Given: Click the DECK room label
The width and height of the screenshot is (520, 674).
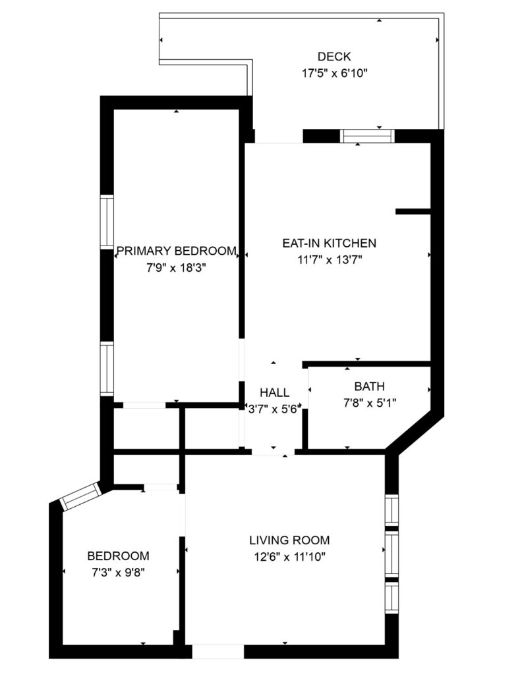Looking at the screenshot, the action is coord(334,57).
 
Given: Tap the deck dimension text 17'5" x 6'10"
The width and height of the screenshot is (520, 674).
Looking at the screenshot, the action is coord(334,73).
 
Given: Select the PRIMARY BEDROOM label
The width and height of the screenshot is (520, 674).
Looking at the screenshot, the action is coord(177,251).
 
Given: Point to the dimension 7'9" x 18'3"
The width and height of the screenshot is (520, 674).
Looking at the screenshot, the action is coord(176,268).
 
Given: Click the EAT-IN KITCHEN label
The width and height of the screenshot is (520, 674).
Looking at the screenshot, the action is coord(330,243).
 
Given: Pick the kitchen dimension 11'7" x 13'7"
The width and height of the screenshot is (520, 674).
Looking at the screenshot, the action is coord(330,259).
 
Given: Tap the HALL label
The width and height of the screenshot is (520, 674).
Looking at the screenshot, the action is coord(275,392).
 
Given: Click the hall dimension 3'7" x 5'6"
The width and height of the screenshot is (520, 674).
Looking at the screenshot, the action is coord(274,409).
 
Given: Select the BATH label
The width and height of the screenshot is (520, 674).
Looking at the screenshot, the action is coord(369,386).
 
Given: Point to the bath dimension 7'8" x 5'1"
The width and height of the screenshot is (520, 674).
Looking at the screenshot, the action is coord(369,403).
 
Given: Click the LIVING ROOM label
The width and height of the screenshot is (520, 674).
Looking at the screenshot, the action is coord(289,540).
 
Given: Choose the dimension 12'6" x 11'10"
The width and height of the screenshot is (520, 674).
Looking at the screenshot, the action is coord(289,557).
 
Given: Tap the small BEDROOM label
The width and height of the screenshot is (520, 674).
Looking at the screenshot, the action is coord(119,556).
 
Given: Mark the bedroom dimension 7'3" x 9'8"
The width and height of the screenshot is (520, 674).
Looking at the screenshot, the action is coord(119,573).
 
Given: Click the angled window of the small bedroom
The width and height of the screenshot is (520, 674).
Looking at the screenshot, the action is coord(81,496).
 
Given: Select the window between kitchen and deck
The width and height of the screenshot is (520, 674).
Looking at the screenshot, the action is coord(367,136).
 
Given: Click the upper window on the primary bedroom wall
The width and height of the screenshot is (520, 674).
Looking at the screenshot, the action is coord(107,222).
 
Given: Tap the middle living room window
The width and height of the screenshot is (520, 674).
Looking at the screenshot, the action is coord(391,554).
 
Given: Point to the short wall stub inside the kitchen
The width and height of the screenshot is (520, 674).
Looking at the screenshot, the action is coord(413,211).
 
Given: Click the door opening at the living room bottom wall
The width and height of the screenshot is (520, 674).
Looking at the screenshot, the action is coord(217,651).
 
